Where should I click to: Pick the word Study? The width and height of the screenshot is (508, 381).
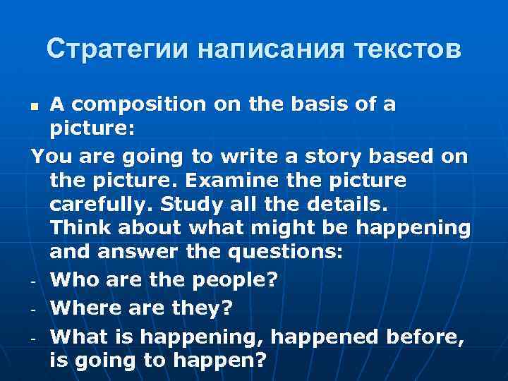[188, 205]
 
